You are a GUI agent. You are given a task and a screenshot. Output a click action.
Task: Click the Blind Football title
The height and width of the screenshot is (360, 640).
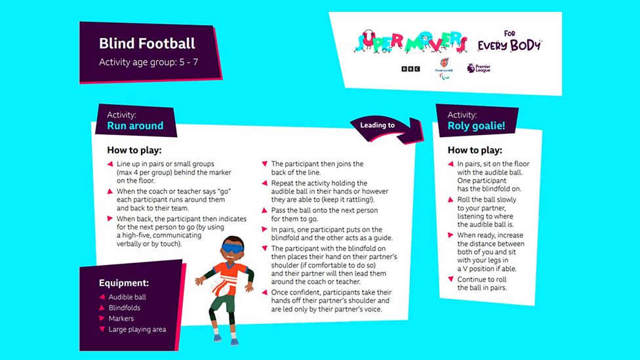(147, 44)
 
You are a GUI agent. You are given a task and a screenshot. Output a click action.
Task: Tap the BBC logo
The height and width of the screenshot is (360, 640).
(410, 68)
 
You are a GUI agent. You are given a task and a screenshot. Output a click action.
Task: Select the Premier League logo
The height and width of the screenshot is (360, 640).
(479, 68)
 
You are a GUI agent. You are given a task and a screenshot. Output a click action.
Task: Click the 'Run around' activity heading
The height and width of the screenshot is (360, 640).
(135, 125)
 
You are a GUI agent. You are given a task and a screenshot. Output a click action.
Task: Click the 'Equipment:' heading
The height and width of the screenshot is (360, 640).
(124, 283)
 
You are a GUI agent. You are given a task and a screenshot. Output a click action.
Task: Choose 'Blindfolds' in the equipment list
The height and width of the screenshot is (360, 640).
(125, 308)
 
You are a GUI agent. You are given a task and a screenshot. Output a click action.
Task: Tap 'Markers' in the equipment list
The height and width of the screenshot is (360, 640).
(121, 318)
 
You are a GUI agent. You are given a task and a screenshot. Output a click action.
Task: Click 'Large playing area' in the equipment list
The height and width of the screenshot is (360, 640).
(137, 329)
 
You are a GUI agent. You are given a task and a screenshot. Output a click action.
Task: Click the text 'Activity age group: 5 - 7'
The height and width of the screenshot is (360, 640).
(148, 63)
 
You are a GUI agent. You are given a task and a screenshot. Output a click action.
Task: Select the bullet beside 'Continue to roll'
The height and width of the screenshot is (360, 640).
(450, 279)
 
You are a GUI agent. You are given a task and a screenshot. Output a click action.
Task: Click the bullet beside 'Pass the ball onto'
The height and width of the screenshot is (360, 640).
(264, 208)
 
